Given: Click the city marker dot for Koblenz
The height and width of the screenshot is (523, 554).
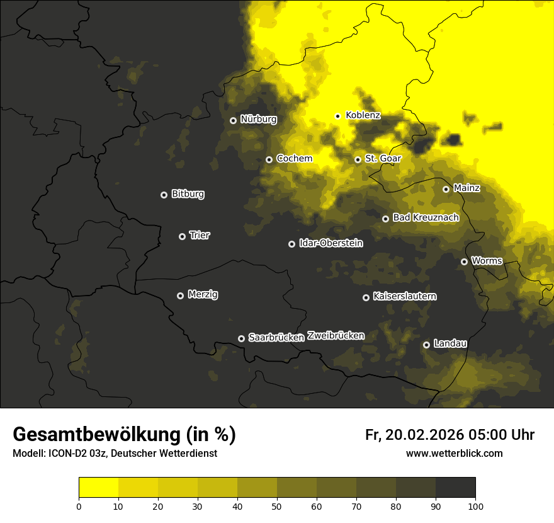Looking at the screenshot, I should [337, 116].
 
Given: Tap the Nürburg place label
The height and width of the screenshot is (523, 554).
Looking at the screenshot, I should [258, 119].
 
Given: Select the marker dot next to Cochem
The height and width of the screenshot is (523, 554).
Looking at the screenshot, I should [269, 159].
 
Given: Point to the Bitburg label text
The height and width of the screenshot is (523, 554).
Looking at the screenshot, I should [188, 194].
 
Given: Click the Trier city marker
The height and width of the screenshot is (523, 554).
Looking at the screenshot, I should [182, 236].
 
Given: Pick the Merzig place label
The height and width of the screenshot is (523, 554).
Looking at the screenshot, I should [203, 294].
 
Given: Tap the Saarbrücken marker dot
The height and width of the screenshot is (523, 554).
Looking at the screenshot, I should [241, 338].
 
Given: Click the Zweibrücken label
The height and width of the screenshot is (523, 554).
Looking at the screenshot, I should [336, 335].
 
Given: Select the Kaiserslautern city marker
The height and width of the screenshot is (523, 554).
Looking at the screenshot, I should [366, 297].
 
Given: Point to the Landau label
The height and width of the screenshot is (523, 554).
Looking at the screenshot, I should [450, 343].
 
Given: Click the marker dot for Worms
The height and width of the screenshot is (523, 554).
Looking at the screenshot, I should [464, 261].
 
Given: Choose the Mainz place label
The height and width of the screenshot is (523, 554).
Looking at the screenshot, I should [466, 188].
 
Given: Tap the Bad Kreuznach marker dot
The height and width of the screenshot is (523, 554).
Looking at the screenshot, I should [385, 219].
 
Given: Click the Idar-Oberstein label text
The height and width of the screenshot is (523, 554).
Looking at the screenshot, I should [331, 243].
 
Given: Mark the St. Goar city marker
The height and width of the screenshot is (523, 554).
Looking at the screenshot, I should [358, 159].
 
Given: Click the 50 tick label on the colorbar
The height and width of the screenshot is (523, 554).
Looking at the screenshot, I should [277, 505].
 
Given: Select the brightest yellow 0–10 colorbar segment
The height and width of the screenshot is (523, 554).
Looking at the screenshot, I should [98, 488].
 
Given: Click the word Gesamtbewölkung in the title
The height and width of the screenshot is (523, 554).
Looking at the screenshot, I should [95, 435].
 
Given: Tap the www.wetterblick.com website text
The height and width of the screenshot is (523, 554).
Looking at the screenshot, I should [454, 453].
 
